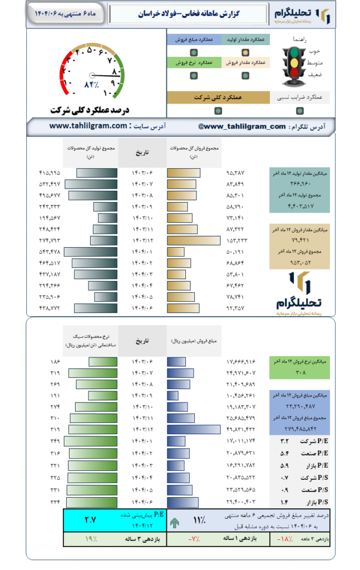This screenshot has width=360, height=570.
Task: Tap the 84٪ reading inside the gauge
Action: click(92, 85)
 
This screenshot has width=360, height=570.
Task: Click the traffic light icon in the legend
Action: click(293, 64)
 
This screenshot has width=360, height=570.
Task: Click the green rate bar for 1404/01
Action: click(91, 441)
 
